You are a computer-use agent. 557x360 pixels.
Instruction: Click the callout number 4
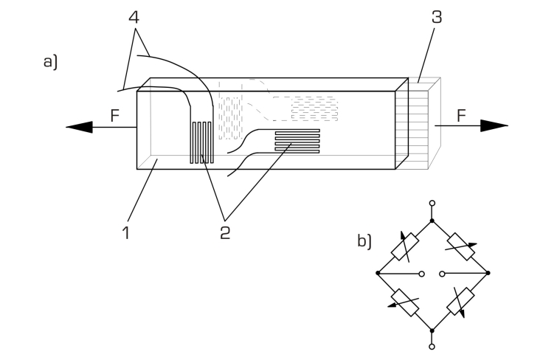(x=134, y=16)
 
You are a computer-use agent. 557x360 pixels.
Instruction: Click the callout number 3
(x=437, y=17)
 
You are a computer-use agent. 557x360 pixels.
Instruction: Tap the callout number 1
(x=125, y=233)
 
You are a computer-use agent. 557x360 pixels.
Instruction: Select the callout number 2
(x=225, y=233)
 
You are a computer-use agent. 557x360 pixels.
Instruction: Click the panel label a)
(x=50, y=62)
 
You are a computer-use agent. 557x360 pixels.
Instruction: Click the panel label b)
(x=364, y=241)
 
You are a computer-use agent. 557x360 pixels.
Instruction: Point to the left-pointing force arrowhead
(x=79, y=127)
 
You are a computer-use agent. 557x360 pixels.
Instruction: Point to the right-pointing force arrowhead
(x=494, y=126)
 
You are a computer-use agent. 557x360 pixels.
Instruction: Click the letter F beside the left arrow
(x=114, y=116)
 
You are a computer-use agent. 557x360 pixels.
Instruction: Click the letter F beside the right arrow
(x=461, y=116)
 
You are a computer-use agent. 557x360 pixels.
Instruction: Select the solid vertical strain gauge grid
(x=201, y=142)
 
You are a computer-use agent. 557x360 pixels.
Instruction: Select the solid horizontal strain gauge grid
(x=297, y=142)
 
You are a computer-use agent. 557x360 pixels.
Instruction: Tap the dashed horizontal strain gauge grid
(x=314, y=108)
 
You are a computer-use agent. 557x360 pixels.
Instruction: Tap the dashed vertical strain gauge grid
(x=230, y=118)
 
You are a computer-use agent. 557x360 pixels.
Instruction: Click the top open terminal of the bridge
(x=432, y=204)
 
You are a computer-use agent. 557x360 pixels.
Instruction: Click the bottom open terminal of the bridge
(x=432, y=347)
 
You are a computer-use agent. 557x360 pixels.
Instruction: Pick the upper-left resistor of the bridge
(x=404, y=246)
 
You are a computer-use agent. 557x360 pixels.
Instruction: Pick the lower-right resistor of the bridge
(x=460, y=302)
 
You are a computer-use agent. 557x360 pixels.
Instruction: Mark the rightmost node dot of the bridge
(x=488, y=273)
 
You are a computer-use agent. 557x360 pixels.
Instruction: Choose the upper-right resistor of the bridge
(x=461, y=246)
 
